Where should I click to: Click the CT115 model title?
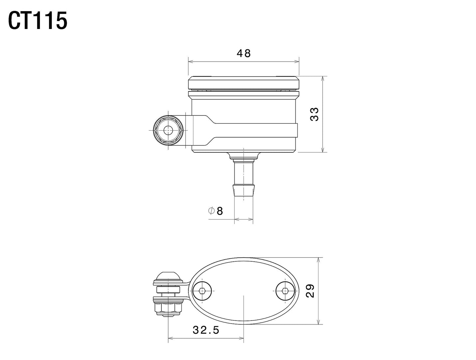(38, 21)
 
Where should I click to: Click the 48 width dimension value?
(243, 53)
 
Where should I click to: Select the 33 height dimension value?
(315, 114)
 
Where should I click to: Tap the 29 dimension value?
(310, 291)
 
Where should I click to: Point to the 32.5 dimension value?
(206, 330)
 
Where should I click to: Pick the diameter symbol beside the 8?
(211, 211)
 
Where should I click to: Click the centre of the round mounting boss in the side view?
(168, 130)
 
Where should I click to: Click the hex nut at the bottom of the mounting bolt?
(168, 308)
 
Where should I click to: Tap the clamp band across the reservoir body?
(257, 130)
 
